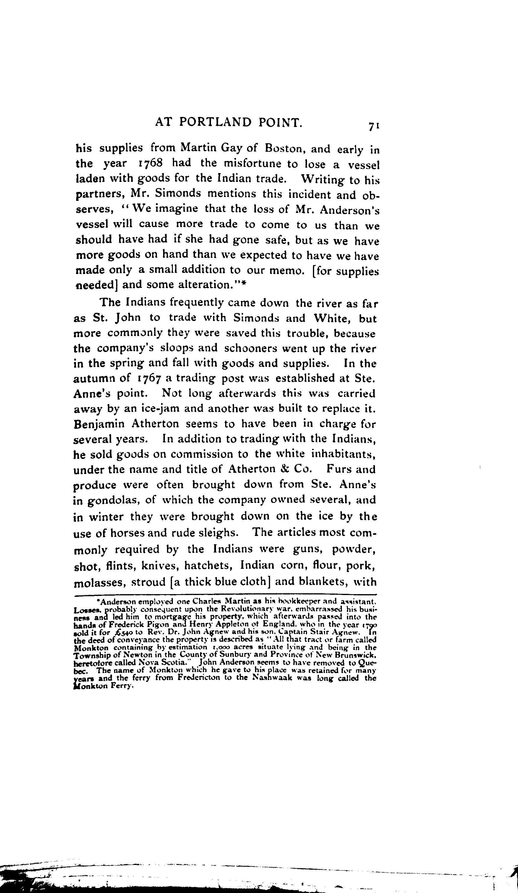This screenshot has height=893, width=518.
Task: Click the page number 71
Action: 374,126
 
